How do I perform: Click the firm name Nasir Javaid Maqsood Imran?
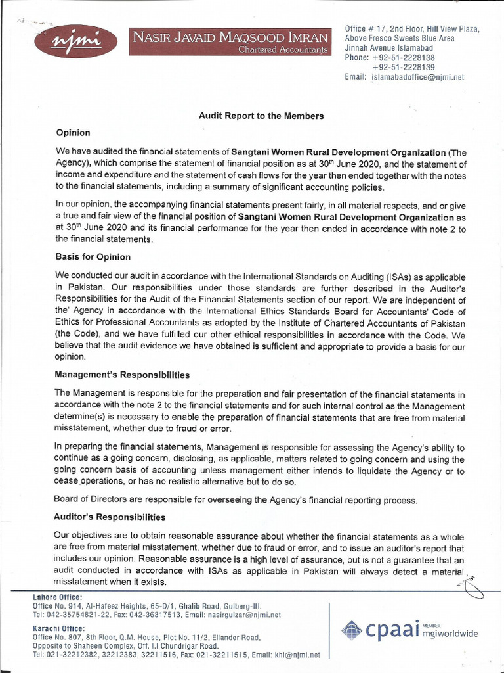tap(230, 37)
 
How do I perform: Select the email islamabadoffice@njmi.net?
tap(418, 77)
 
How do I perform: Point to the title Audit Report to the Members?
tap(261, 116)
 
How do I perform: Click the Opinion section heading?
tap(73, 133)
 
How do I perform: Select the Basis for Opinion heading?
tap(93, 256)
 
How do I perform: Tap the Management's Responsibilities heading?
tap(123, 375)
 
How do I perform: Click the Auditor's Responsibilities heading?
tap(110, 517)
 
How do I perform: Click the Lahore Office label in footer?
tap(58, 597)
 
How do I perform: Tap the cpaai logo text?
tap(388, 630)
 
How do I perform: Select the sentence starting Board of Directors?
tap(236, 500)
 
